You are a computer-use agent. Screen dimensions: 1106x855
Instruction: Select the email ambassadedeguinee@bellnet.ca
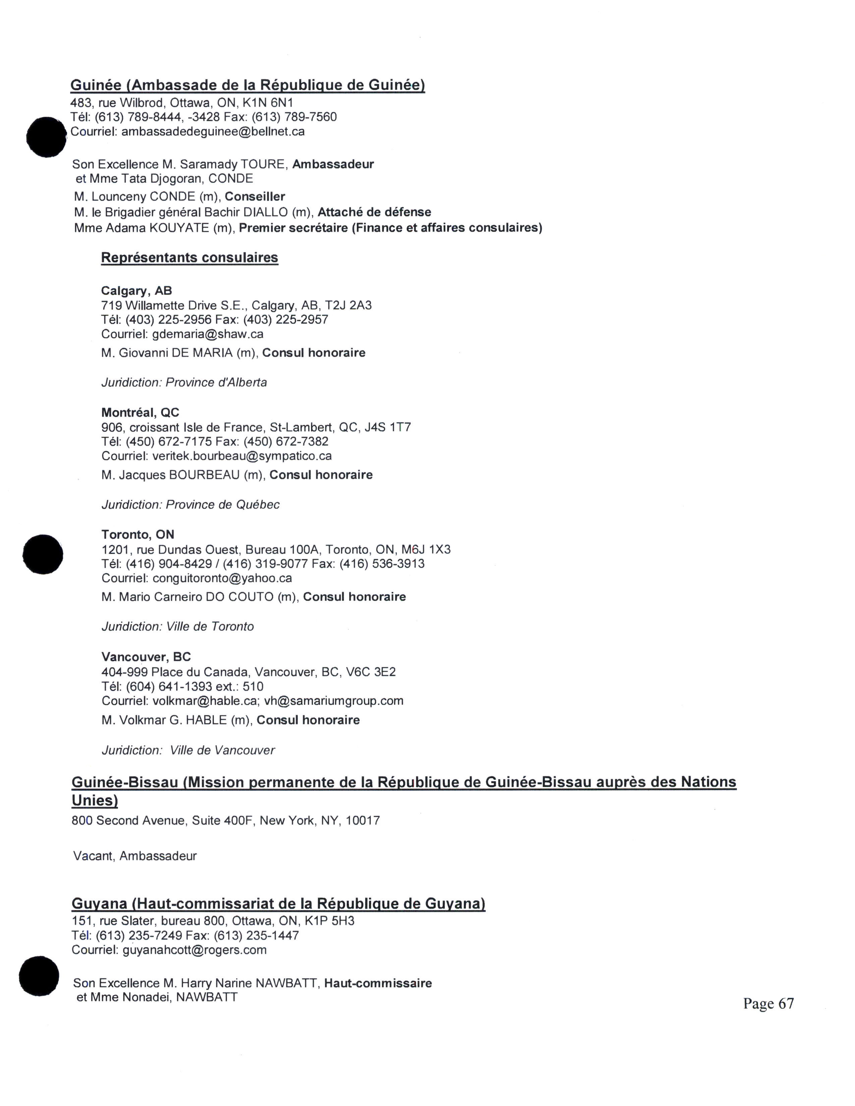213,132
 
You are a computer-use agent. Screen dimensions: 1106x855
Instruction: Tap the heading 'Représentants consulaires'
189,258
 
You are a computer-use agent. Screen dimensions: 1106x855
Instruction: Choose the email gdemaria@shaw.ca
208,334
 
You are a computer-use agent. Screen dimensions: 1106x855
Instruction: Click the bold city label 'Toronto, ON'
138,535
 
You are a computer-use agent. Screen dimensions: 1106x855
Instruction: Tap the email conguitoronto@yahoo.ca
222,578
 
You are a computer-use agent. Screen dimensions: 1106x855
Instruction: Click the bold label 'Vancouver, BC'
146,657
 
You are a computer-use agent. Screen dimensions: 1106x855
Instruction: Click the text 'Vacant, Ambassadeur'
135,856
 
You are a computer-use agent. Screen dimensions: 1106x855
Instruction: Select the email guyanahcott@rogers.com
194,950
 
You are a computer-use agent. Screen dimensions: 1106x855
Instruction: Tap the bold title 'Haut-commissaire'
378,983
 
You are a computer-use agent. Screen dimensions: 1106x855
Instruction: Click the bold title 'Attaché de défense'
374,212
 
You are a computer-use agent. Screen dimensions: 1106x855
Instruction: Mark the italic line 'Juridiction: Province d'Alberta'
184,382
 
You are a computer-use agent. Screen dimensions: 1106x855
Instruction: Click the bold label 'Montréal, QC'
140,413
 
